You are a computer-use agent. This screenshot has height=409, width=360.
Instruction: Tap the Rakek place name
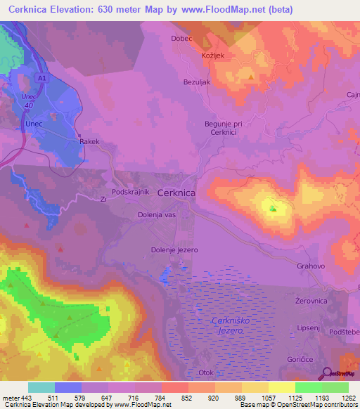90,141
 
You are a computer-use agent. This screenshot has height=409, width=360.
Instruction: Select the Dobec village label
181,39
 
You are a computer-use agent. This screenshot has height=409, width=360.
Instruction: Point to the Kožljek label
213,55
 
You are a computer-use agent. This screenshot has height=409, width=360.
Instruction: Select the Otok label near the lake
207,373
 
